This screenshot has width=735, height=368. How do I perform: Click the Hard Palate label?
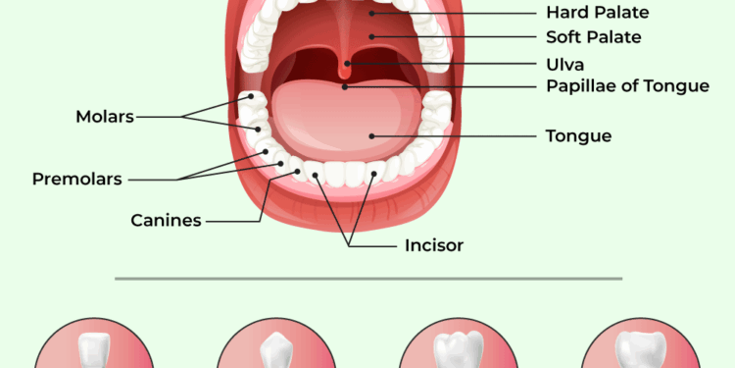[x=597, y=13]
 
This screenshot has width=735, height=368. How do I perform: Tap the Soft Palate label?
[x=593, y=37]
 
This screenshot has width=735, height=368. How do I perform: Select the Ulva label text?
[x=564, y=64]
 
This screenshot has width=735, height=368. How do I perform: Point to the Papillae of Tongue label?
[x=627, y=86]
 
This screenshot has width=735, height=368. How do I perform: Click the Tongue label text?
[x=578, y=136]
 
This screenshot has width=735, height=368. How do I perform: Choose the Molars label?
[x=104, y=117]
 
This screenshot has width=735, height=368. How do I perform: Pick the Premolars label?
[x=77, y=180]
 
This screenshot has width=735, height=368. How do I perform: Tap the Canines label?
[x=166, y=220]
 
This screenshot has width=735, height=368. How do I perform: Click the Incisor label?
[x=434, y=244]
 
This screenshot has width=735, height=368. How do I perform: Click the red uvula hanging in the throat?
[x=347, y=69]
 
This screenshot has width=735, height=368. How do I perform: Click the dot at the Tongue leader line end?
[x=370, y=135]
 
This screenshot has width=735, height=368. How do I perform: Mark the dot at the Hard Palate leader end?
[x=372, y=13]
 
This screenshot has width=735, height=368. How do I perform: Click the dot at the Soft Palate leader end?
[x=372, y=36]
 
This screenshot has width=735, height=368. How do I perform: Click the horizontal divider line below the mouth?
[x=367, y=278]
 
